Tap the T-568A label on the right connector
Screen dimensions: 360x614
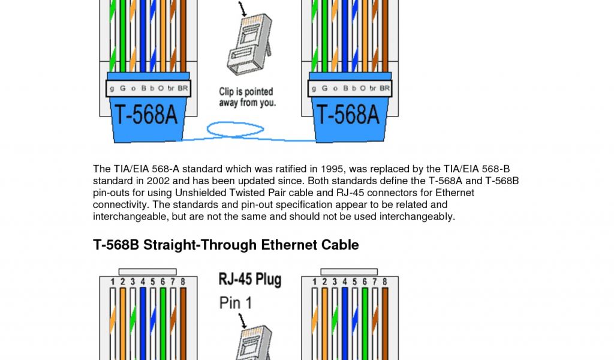(348, 113)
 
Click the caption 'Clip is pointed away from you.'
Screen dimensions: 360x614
(246, 97)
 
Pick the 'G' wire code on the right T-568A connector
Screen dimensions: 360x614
(324, 88)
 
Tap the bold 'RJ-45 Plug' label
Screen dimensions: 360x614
(249, 280)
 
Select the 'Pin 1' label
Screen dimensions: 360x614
(236, 302)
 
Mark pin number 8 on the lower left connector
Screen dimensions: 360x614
(182, 281)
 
